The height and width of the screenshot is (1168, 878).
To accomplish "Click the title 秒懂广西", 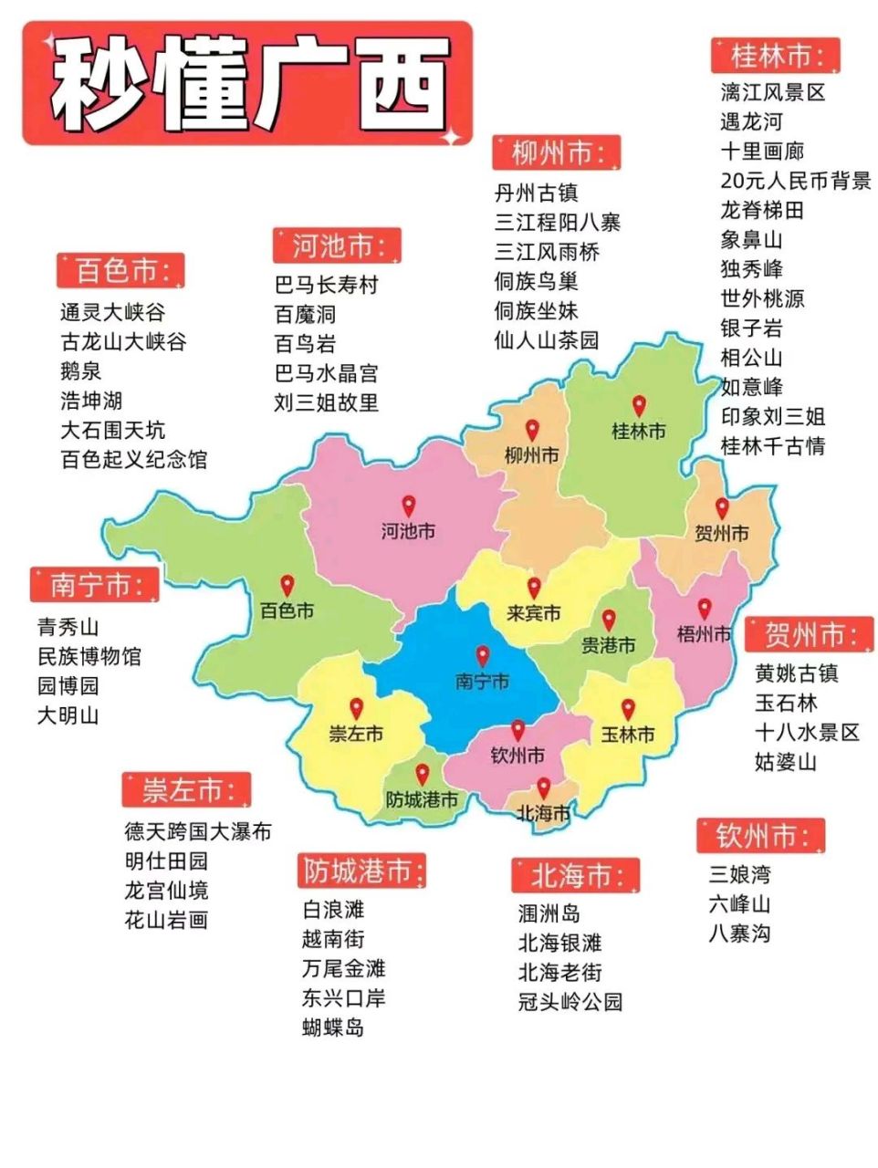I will (x=248, y=84).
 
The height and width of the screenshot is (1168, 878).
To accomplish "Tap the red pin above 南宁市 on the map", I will (x=482, y=655).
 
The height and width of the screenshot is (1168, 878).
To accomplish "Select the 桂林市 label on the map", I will (x=638, y=431).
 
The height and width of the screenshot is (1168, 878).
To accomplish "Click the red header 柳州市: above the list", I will (x=556, y=152).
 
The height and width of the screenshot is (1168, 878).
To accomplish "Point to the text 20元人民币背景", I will (x=795, y=181).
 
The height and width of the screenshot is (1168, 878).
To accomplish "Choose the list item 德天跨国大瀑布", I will (x=198, y=831).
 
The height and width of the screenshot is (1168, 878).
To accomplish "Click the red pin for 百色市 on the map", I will (x=287, y=585).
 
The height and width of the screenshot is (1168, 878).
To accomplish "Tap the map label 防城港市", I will (x=421, y=800).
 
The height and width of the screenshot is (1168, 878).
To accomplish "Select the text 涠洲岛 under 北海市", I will (x=549, y=913).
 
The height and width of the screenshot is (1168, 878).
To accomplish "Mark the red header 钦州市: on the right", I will (x=760, y=836).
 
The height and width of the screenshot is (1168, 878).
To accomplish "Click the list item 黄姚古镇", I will (x=796, y=673).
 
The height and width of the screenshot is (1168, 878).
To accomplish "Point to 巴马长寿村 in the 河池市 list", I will (x=326, y=285).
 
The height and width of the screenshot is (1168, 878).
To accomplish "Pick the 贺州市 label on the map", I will (x=721, y=534).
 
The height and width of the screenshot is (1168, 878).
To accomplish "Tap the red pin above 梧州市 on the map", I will (x=704, y=609).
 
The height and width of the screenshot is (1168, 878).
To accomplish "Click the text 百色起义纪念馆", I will (x=133, y=459).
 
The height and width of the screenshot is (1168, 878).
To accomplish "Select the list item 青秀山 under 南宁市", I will (x=68, y=627).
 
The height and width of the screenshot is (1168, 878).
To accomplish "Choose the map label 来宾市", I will (x=534, y=613).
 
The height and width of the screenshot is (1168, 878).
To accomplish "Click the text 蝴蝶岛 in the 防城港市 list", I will (x=333, y=1027).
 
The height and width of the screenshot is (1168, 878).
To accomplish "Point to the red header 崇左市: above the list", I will (x=186, y=790).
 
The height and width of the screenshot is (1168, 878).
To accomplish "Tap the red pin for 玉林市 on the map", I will (x=628, y=709).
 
